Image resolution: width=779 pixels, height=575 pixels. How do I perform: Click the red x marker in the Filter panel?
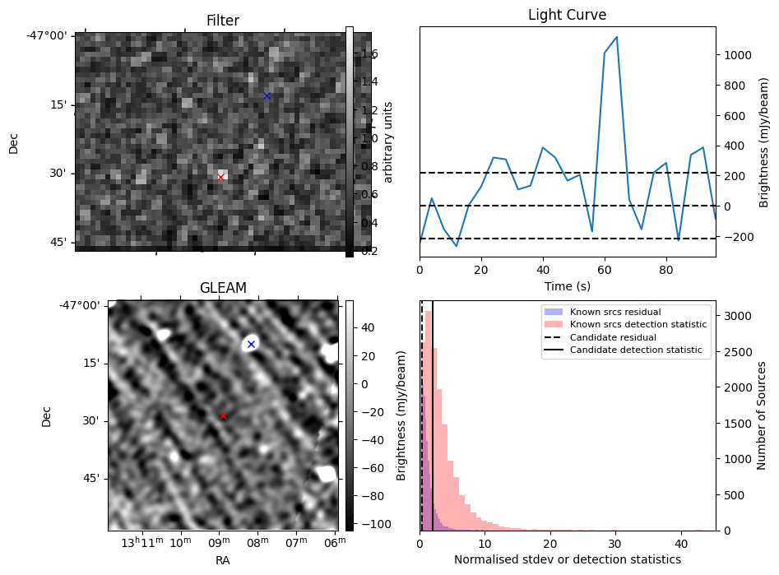pos(220,177)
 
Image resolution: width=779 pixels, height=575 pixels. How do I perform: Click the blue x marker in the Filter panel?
pos(267,95)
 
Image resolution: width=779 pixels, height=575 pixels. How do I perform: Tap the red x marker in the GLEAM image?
pos(223,416)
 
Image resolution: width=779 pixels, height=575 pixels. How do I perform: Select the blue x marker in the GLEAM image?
pos(251,344)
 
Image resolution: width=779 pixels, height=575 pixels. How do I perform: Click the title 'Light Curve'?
pos(567,15)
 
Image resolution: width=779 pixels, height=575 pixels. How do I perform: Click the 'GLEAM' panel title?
pos(223,288)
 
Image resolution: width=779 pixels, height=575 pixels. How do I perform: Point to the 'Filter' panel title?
pos(223,21)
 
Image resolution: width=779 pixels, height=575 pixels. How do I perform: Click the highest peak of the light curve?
pos(616,37)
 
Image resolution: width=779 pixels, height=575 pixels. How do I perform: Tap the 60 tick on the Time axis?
pos(605,269)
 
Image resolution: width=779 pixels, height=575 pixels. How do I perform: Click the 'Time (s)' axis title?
pos(567,285)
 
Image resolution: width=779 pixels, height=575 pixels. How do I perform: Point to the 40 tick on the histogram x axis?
pos(680,544)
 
